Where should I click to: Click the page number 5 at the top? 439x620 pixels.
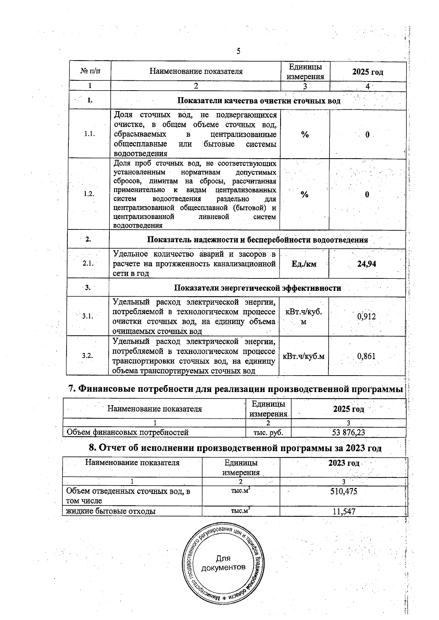click(x=238, y=51)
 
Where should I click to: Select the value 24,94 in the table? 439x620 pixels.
click(x=367, y=264)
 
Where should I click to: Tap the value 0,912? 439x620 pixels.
click(x=367, y=316)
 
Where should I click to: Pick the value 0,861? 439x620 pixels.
click(x=367, y=356)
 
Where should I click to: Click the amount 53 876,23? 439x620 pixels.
click(x=348, y=433)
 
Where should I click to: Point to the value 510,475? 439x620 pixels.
click(x=344, y=491)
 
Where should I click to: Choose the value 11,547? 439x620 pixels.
click(x=344, y=511)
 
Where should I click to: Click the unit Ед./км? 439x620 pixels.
click(x=304, y=264)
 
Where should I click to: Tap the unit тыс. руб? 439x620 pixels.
click(x=268, y=433)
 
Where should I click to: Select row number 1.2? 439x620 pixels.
click(x=89, y=194)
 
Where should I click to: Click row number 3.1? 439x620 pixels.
click(x=88, y=316)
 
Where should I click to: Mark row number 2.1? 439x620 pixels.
click(x=88, y=263)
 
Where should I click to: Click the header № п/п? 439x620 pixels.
click(x=90, y=72)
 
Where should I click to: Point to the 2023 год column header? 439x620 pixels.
click(x=344, y=463)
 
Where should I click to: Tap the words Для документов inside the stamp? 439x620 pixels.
click(x=223, y=563)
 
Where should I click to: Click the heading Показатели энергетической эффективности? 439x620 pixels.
click(x=257, y=288)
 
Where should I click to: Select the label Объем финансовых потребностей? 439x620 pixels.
click(x=127, y=433)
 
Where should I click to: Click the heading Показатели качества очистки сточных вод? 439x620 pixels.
click(x=259, y=101)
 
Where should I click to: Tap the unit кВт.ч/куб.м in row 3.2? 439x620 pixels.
click(x=304, y=356)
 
